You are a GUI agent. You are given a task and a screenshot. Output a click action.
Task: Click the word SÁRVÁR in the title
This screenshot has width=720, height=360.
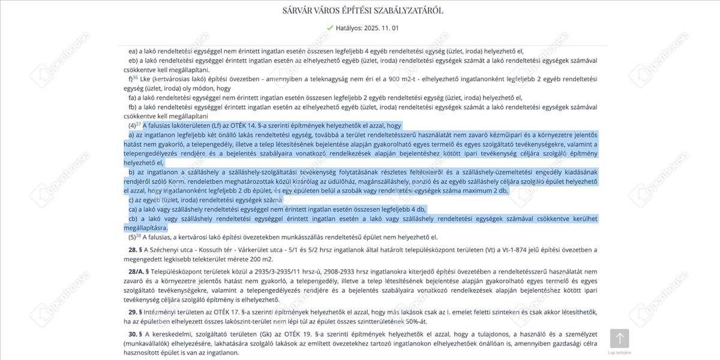coord(301,10)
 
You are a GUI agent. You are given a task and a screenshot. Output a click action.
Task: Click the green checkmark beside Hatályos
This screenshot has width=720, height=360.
coord(329,28)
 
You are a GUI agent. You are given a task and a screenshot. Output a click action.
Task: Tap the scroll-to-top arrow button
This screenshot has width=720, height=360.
coord(619,338)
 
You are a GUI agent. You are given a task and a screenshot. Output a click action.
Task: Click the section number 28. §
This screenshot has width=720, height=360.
coord(135,250)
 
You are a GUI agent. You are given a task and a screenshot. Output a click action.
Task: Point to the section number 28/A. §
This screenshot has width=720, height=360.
coord(139,271)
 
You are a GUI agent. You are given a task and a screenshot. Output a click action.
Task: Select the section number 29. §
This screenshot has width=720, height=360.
coord(135,312)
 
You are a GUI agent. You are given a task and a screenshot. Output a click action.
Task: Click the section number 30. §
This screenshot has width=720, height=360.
coord(135,334)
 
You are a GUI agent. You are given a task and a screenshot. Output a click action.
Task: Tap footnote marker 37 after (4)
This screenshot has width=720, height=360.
coord(139,124)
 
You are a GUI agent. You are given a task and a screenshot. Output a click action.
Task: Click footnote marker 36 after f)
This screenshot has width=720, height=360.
coord(136,77)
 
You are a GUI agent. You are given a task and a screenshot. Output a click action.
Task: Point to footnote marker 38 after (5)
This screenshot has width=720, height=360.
coord(139,235)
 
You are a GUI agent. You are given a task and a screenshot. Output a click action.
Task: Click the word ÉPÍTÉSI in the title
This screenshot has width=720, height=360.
coord(365,10)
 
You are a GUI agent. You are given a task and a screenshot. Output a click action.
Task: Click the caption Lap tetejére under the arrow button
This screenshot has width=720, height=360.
coord(619,353)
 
